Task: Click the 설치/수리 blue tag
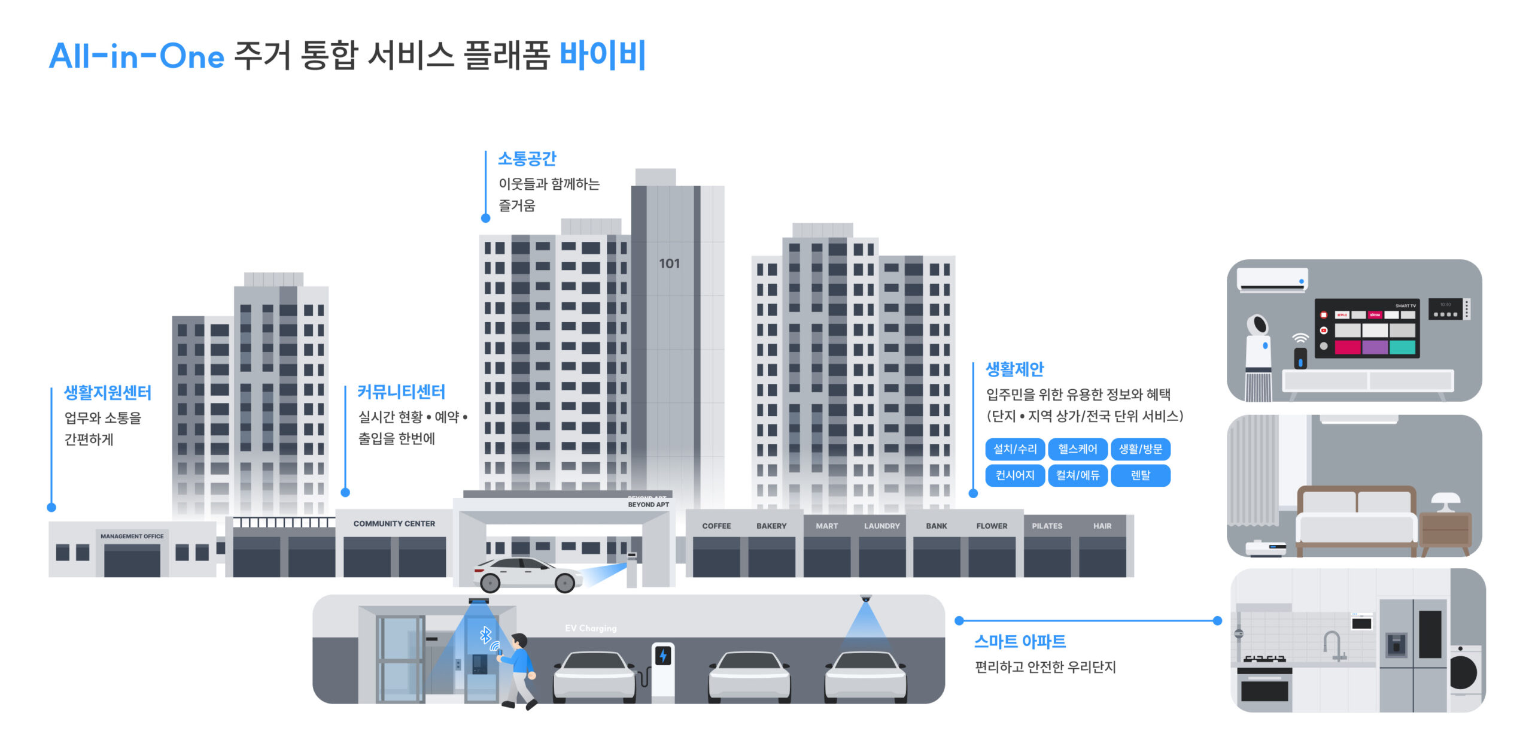1014,449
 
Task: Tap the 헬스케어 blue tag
1077,449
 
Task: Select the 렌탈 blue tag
1140,475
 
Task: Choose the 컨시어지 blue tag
1014,475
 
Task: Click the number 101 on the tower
669,263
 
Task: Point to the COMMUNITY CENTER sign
394,524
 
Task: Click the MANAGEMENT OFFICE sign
132,536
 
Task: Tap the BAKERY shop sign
771,526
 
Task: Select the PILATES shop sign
1047,526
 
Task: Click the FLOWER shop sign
992,526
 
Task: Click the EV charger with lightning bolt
662,671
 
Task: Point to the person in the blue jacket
518,671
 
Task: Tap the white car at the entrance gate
527,574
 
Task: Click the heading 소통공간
527,159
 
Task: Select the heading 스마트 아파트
1020,642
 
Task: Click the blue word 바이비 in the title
602,56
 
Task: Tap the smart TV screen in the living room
1367,328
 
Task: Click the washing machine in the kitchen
1465,674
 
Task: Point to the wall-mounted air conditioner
1272,280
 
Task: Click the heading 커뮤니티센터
401,392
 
